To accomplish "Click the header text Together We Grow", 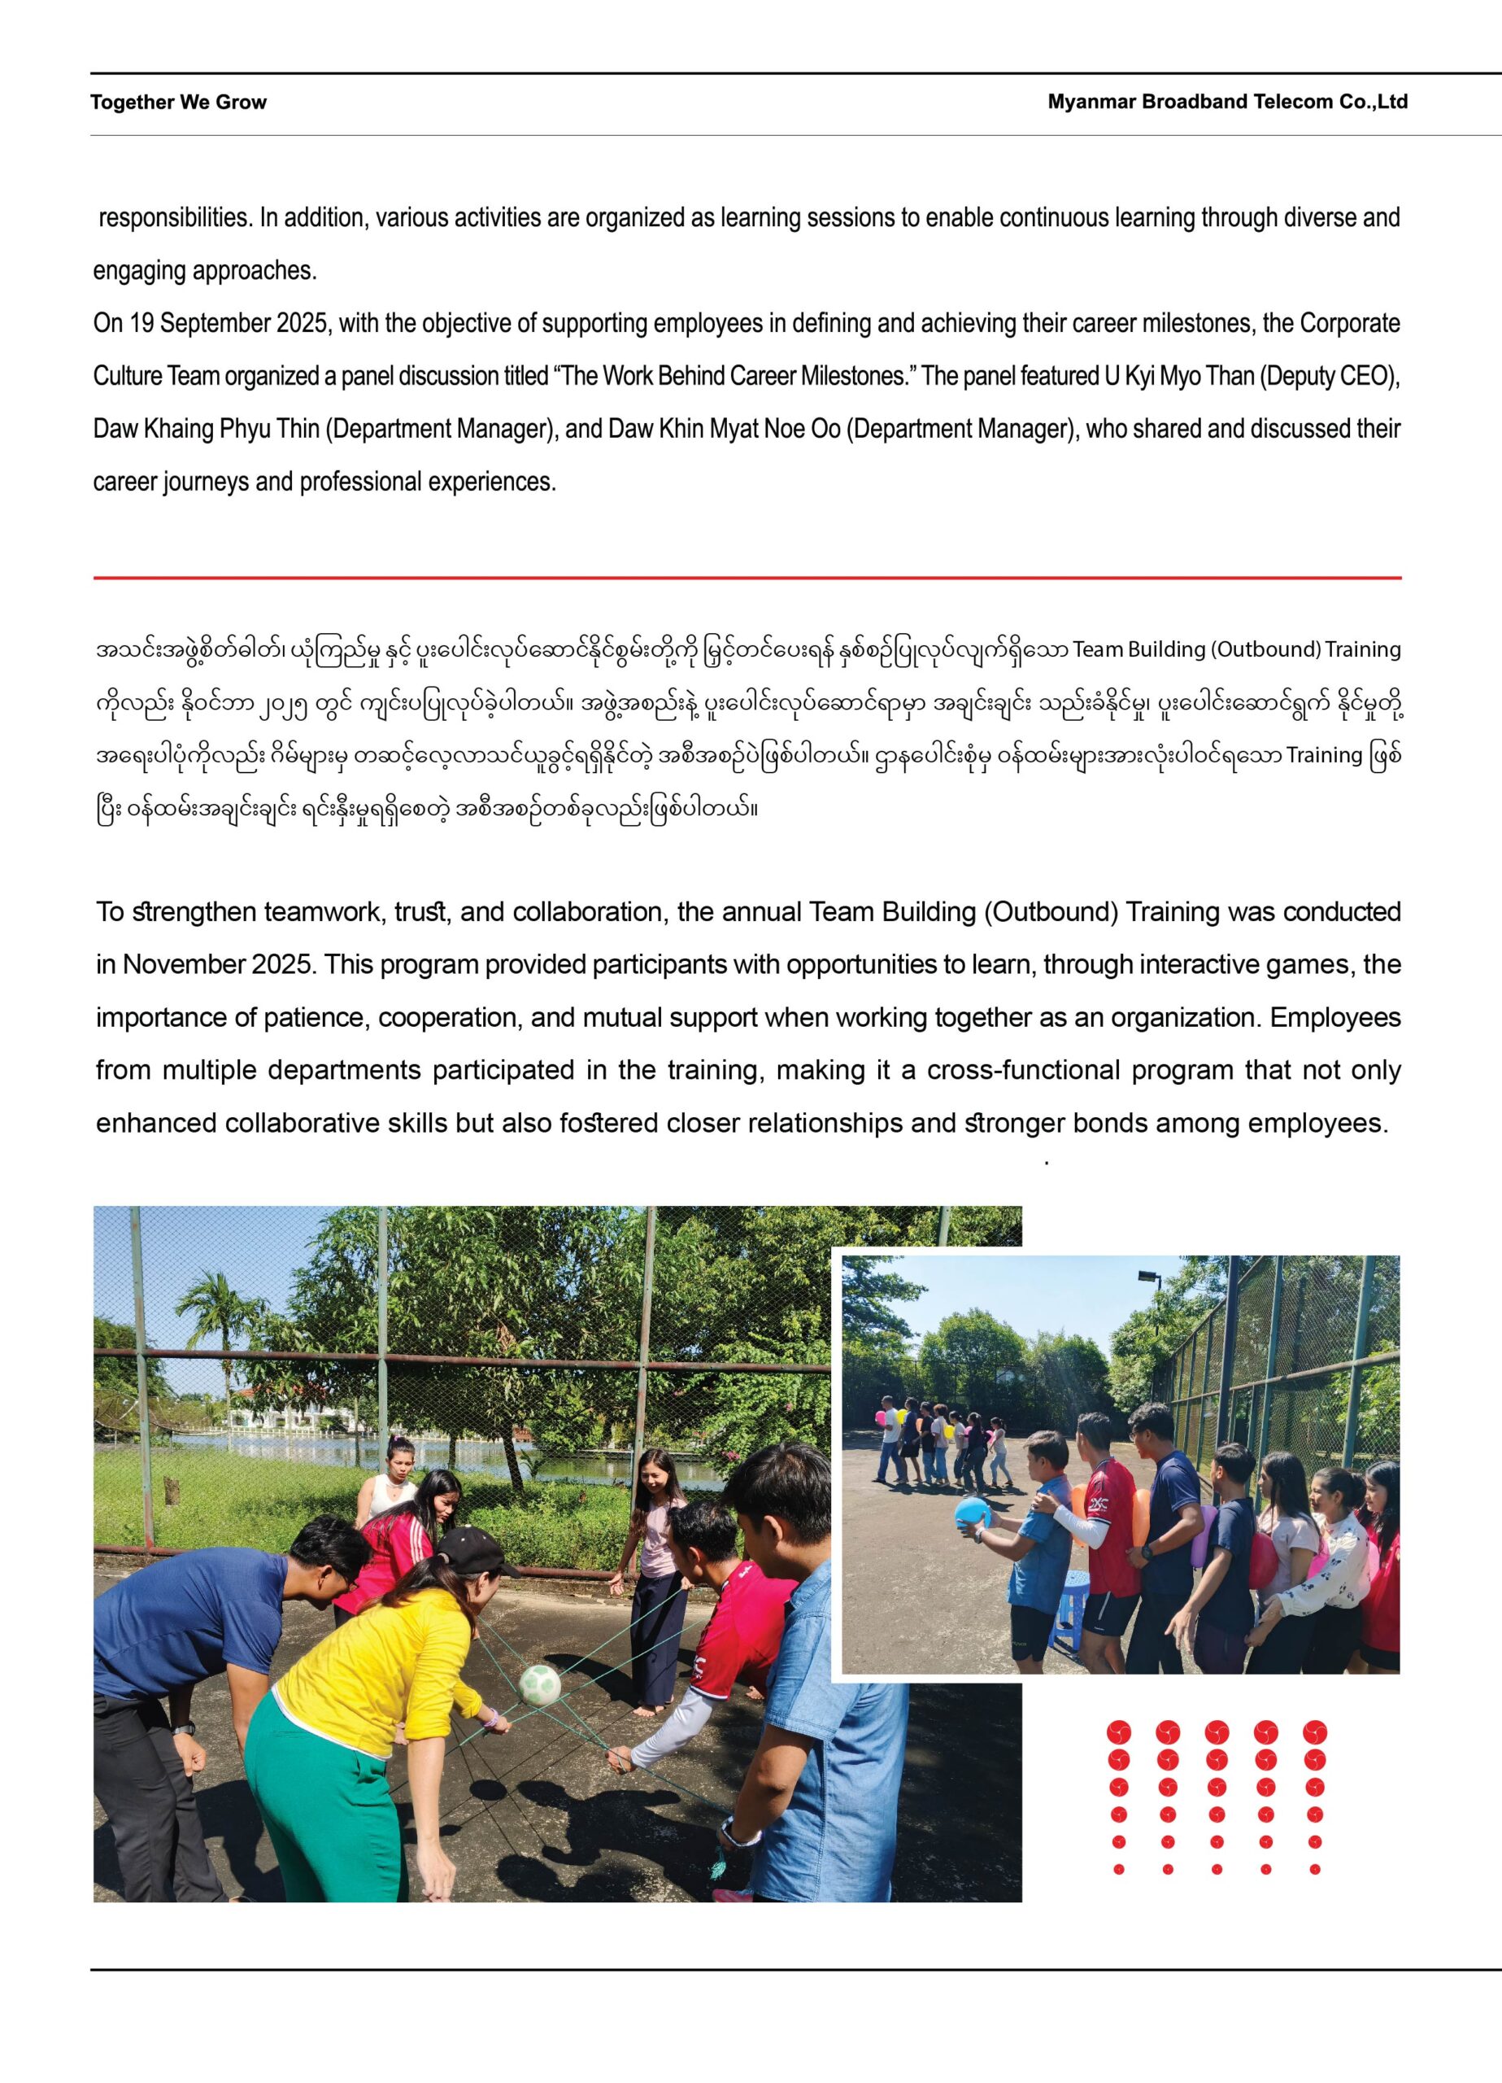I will pos(178,102).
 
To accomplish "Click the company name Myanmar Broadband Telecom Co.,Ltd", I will pos(1226,102).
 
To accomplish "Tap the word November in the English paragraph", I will pos(183,964).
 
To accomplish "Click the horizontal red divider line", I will pos(747,578).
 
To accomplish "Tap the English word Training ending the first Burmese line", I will pos(1362,649).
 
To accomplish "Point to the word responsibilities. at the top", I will pos(175,218).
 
